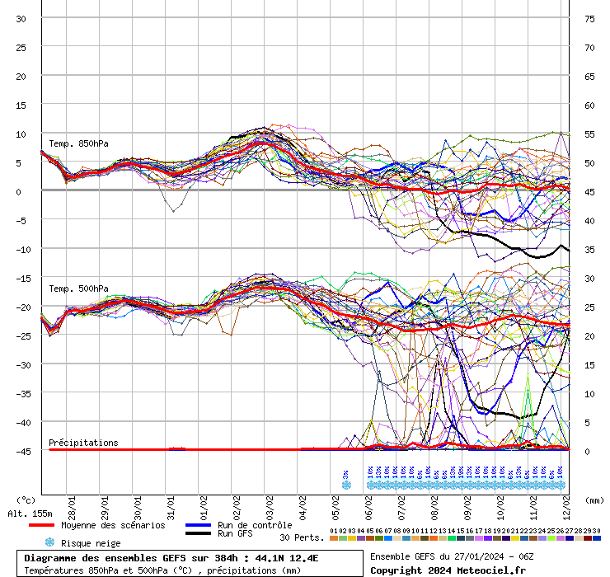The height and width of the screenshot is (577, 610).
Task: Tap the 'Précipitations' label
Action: (x=83, y=443)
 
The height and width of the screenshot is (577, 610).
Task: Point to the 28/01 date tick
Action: (x=73, y=502)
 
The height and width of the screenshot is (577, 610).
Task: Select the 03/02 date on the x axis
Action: (x=270, y=502)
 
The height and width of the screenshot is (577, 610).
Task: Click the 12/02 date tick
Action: (x=566, y=502)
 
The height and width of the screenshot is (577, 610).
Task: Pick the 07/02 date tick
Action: (x=401, y=502)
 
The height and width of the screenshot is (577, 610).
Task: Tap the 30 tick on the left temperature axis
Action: (x=21, y=18)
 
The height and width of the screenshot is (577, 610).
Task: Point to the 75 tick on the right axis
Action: (x=589, y=18)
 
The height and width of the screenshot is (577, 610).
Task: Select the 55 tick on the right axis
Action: (x=589, y=134)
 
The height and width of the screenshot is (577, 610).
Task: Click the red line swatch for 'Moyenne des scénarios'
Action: (x=40, y=525)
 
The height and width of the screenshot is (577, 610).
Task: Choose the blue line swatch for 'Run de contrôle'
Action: (x=197, y=525)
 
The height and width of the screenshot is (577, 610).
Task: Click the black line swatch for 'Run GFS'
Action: (x=197, y=533)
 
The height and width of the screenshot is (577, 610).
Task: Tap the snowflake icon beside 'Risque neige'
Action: (x=50, y=542)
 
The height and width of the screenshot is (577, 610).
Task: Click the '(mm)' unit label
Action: (x=594, y=500)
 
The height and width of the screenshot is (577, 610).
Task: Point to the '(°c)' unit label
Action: (x=26, y=500)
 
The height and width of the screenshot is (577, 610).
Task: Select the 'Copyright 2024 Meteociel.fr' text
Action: (x=448, y=570)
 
